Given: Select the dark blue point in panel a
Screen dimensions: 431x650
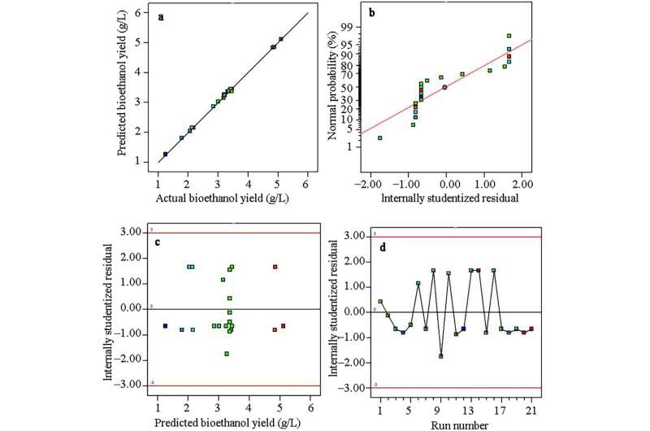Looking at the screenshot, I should [165, 154].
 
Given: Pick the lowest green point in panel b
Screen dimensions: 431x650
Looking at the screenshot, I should [379, 138].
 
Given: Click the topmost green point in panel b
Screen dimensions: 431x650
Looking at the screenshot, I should [509, 36].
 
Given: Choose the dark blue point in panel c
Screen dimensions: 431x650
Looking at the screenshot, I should [165, 326].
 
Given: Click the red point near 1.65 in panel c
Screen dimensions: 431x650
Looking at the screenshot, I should [275, 267].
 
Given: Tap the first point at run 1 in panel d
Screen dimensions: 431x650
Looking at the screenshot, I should [380, 302].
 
